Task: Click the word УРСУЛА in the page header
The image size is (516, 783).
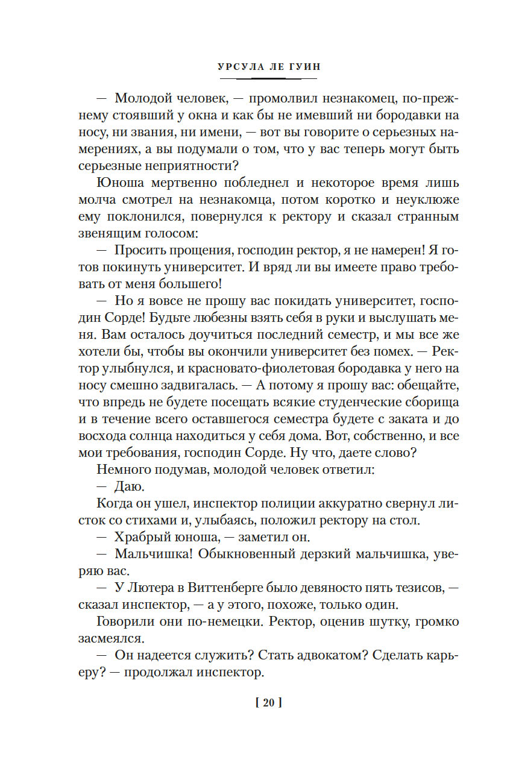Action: [236, 67]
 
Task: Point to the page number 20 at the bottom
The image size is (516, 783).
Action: [269, 702]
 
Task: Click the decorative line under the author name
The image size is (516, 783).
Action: [268, 78]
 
